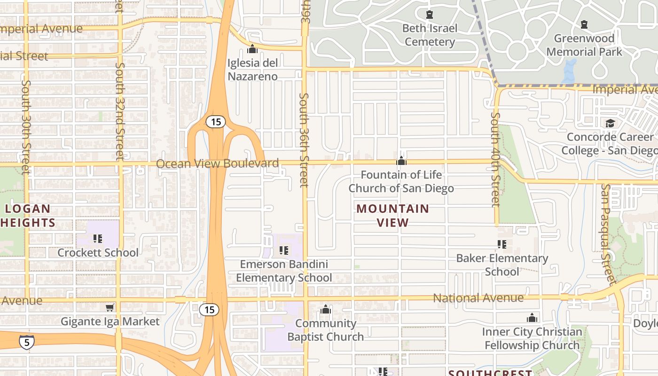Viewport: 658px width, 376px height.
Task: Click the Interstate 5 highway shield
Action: pos(26,342)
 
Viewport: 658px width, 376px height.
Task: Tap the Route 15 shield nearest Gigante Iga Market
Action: pos(209,309)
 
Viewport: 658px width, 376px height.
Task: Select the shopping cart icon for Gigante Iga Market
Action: pos(110,307)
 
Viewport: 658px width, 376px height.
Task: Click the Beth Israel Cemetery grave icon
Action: pos(429,15)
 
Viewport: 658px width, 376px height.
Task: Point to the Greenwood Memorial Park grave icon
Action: pos(584,24)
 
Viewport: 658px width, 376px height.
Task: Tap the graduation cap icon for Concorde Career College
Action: pos(610,123)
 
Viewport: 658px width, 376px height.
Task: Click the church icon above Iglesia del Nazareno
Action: pos(252,49)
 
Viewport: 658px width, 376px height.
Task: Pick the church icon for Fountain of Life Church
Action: pos(401,161)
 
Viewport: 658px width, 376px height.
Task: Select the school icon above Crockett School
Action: pos(98,239)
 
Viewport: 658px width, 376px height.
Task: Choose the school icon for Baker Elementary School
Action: pos(502,244)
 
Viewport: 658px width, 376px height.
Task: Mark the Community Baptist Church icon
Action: pos(326,310)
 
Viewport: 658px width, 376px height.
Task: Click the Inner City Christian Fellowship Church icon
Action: pos(532,318)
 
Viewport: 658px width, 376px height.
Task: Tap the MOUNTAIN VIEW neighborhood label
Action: pos(393,215)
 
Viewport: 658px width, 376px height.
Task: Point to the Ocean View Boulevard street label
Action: pos(217,164)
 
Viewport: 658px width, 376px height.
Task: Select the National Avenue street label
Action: pos(478,298)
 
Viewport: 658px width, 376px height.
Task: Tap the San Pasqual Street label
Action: pos(608,234)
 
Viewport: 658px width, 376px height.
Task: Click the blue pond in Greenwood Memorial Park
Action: pos(569,70)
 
